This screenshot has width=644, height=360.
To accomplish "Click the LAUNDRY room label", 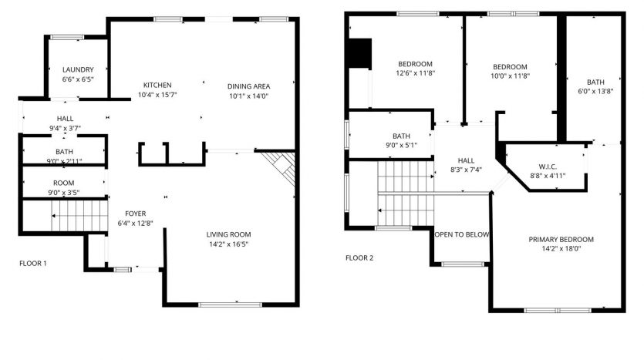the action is pyautogui.click(x=78, y=70).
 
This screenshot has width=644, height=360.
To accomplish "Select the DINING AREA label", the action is pyautogui.click(x=248, y=86).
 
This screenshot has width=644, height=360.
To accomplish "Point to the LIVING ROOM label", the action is pyautogui.click(x=228, y=235).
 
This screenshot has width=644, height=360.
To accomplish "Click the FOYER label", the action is pyautogui.click(x=135, y=214).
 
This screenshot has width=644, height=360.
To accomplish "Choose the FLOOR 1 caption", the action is pyautogui.click(x=33, y=264).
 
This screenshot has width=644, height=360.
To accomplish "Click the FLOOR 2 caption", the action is pyautogui.click(x=359, y=258).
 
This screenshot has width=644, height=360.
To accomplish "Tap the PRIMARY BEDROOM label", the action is pyautogui.click(x=561, y=240).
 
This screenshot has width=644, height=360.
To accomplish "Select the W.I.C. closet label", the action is pyautogui.click(x=548, y=167).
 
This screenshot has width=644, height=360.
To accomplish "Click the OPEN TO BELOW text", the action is pyautogui.click(x=462, y=235).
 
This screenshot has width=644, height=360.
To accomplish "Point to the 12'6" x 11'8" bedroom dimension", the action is pyautogui.click(x=415, y=73).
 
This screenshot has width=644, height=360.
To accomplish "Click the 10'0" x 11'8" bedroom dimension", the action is pyautogui.click(x=510, y=76).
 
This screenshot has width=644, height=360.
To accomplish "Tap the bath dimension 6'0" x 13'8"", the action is pyautogui.click(x=595, y=92).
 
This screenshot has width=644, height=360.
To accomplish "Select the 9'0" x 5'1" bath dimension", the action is pyautogui.click(x=401, y=146).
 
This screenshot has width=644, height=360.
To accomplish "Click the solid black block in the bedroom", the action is pyautogui.click(x=359, y=53).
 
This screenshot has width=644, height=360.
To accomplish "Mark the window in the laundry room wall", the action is pyautogui.click(x=67, y=37).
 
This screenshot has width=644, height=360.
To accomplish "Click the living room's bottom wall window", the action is pyautogui.click(x=230, y=304).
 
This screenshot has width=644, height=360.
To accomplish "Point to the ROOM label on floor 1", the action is pyautogui.click(x=64, y=183).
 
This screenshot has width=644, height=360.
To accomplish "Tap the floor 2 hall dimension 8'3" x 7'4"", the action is pyautogui.click(x=466, y=170).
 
